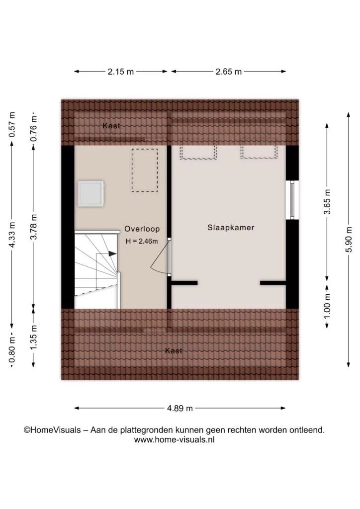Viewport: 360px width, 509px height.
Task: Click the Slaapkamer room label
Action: coord(231,228)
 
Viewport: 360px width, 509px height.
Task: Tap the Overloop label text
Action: coord(142,229)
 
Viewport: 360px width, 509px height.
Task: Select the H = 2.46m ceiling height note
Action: coord(142,241)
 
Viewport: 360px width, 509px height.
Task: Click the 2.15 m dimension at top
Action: coord(120,72)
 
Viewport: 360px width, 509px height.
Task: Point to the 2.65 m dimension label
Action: coord(229,72)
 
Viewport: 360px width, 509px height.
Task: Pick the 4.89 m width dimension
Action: coord(180,408)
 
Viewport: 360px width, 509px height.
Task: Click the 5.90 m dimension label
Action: coord(349,239)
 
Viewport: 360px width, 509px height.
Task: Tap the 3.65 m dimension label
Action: coord(327,202)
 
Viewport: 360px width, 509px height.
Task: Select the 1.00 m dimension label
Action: coord(327,306)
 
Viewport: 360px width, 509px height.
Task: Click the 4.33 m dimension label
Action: coord(12,235)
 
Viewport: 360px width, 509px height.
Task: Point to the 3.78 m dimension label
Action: coord(33,227)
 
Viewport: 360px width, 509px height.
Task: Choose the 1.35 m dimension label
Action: coord(33,338)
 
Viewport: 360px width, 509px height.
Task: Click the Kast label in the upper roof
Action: coord(111,126)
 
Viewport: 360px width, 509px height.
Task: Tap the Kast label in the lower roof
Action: coord(174,350)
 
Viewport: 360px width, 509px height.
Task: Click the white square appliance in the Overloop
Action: coord(91,193)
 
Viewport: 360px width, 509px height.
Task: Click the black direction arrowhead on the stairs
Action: coord(112,254)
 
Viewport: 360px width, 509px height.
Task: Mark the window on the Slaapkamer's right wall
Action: coord(292,200)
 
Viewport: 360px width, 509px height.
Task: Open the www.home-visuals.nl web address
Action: coord(175,440)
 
